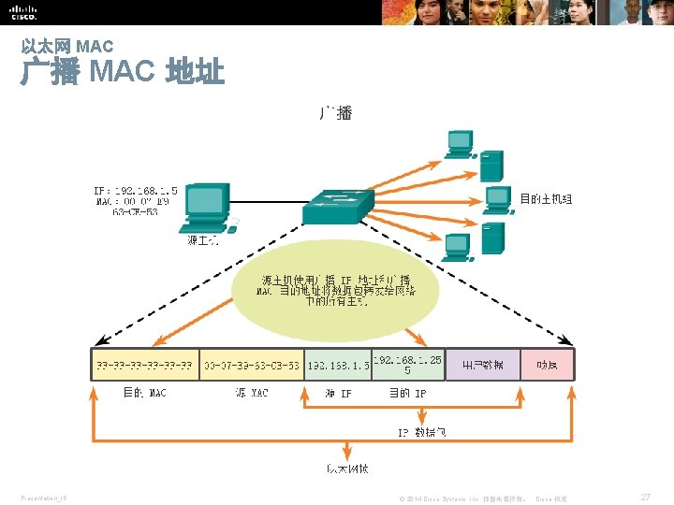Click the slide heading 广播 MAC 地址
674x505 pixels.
(123, 72)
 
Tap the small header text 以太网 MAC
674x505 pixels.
(67, 45)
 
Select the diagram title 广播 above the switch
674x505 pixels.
(336, 113)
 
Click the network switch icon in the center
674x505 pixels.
(337, 205)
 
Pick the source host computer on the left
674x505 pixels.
(206, 208)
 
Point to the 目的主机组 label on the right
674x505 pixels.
(546, 199)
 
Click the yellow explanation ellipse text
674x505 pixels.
(336, 290)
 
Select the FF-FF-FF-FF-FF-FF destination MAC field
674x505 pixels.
(144, 365)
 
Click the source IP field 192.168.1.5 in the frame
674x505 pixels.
(338, 365)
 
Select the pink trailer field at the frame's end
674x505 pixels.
(547, 365)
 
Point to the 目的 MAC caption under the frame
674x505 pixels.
(144, 394)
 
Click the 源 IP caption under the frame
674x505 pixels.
(338, 394)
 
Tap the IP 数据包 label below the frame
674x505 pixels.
(422, 432)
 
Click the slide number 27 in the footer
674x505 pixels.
(645, 498)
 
